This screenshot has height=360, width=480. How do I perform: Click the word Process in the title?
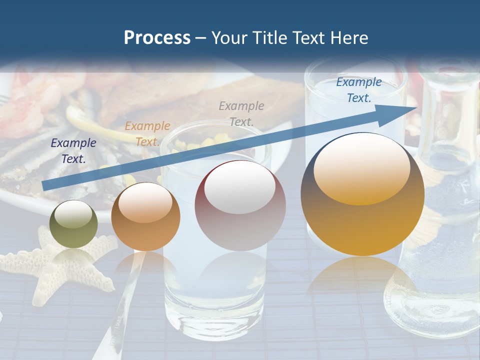click(x=157, y=38)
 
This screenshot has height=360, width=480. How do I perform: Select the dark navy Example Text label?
click(x=73, y=150)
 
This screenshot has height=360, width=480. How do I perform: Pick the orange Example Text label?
click(x=147, y=133)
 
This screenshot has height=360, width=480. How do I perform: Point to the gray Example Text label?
click(x=241, y=113)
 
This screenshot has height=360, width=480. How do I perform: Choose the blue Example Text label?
click(x=358, y=90)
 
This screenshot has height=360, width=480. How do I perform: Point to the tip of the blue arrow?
click(x=416, y=108)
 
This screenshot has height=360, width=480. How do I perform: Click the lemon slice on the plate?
click(x=95, y=122)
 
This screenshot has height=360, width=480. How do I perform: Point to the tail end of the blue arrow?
click(x=44, y=186)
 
